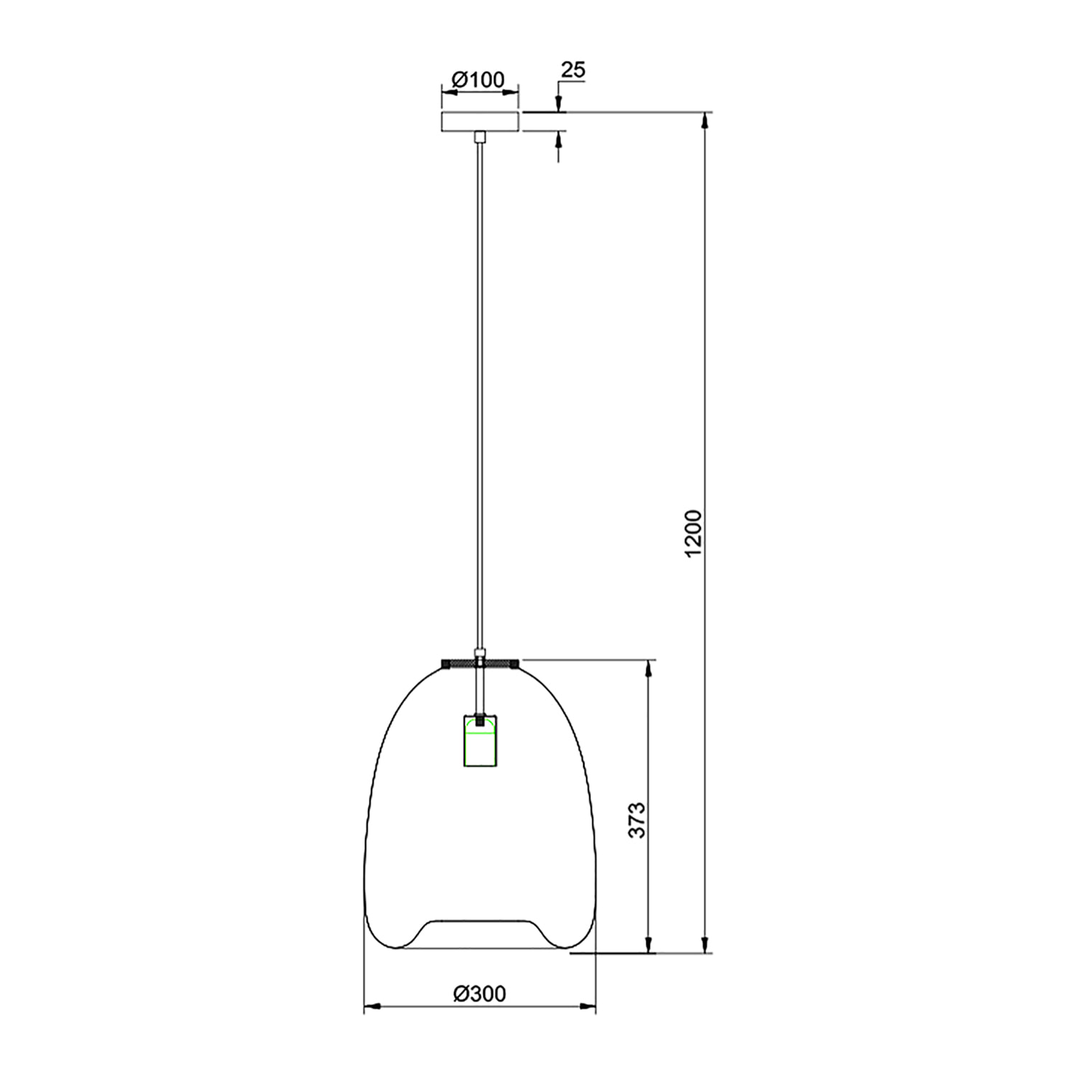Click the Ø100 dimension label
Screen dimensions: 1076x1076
click(479, 80)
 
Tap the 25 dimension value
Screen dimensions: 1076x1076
click(572, 70)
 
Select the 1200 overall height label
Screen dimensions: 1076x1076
click(692, 534)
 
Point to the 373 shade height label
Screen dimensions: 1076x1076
click(637, 820)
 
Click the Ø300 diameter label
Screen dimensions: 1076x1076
click(479, 994)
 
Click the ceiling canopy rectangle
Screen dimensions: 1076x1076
click(480, 121)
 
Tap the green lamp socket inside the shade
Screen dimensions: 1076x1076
click(479, 743)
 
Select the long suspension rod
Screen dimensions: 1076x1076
click(479, 395)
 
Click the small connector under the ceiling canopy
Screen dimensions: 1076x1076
click(479, 136)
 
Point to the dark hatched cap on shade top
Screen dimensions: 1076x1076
click(479, 662)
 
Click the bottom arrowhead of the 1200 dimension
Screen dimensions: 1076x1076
click(706, 946)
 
